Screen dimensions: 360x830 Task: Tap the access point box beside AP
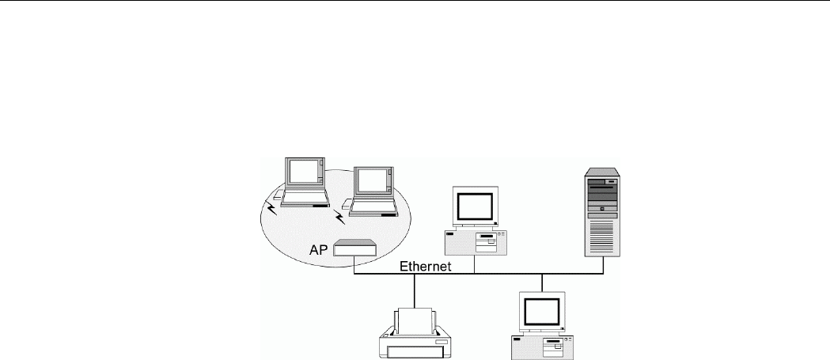(x=354, y=248)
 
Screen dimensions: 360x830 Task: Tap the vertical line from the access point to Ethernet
(x=354, y=265)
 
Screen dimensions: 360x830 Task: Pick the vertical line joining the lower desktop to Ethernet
(x=542, y=282)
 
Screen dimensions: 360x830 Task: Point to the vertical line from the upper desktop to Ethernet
(x=474, y=265)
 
